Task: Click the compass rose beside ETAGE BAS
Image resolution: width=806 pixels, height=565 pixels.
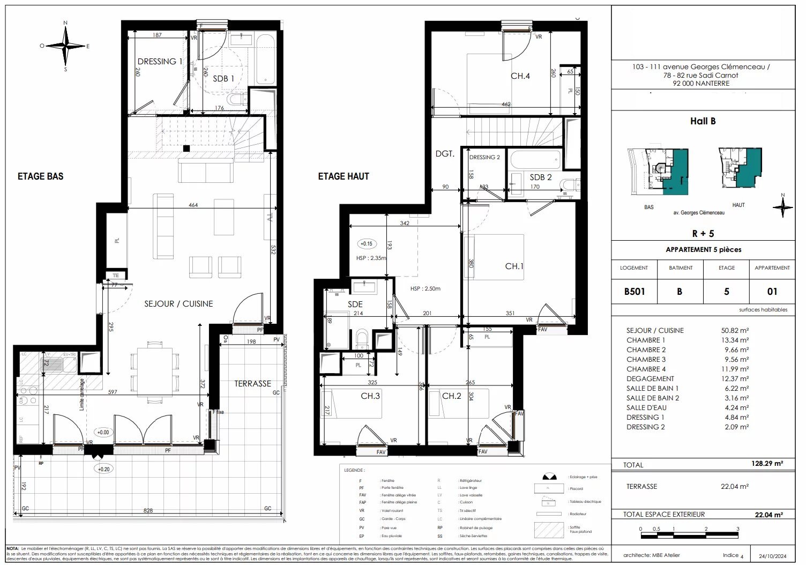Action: point(65,46)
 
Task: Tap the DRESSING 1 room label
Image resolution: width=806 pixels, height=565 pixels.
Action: point(159,62)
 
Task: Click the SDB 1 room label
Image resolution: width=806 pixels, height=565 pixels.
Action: point(223,78)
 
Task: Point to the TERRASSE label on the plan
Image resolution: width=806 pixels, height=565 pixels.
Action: point(252,384)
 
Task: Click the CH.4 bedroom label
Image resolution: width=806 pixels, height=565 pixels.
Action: point(520,76)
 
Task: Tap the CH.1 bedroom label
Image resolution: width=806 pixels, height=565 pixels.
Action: point(514,266)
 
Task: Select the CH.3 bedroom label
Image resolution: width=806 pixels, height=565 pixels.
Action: point(370,396)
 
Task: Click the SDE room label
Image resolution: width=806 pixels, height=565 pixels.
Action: point(355,304)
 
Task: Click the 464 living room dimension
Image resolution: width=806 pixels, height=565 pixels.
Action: point(193,205)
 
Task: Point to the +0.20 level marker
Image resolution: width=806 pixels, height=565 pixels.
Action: point(103,469)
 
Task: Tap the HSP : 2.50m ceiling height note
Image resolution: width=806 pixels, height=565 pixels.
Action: point(425,288)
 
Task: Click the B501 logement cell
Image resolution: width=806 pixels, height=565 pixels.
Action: point(634,292)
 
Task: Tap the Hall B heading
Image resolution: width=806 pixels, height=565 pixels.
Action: point(703,121)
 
